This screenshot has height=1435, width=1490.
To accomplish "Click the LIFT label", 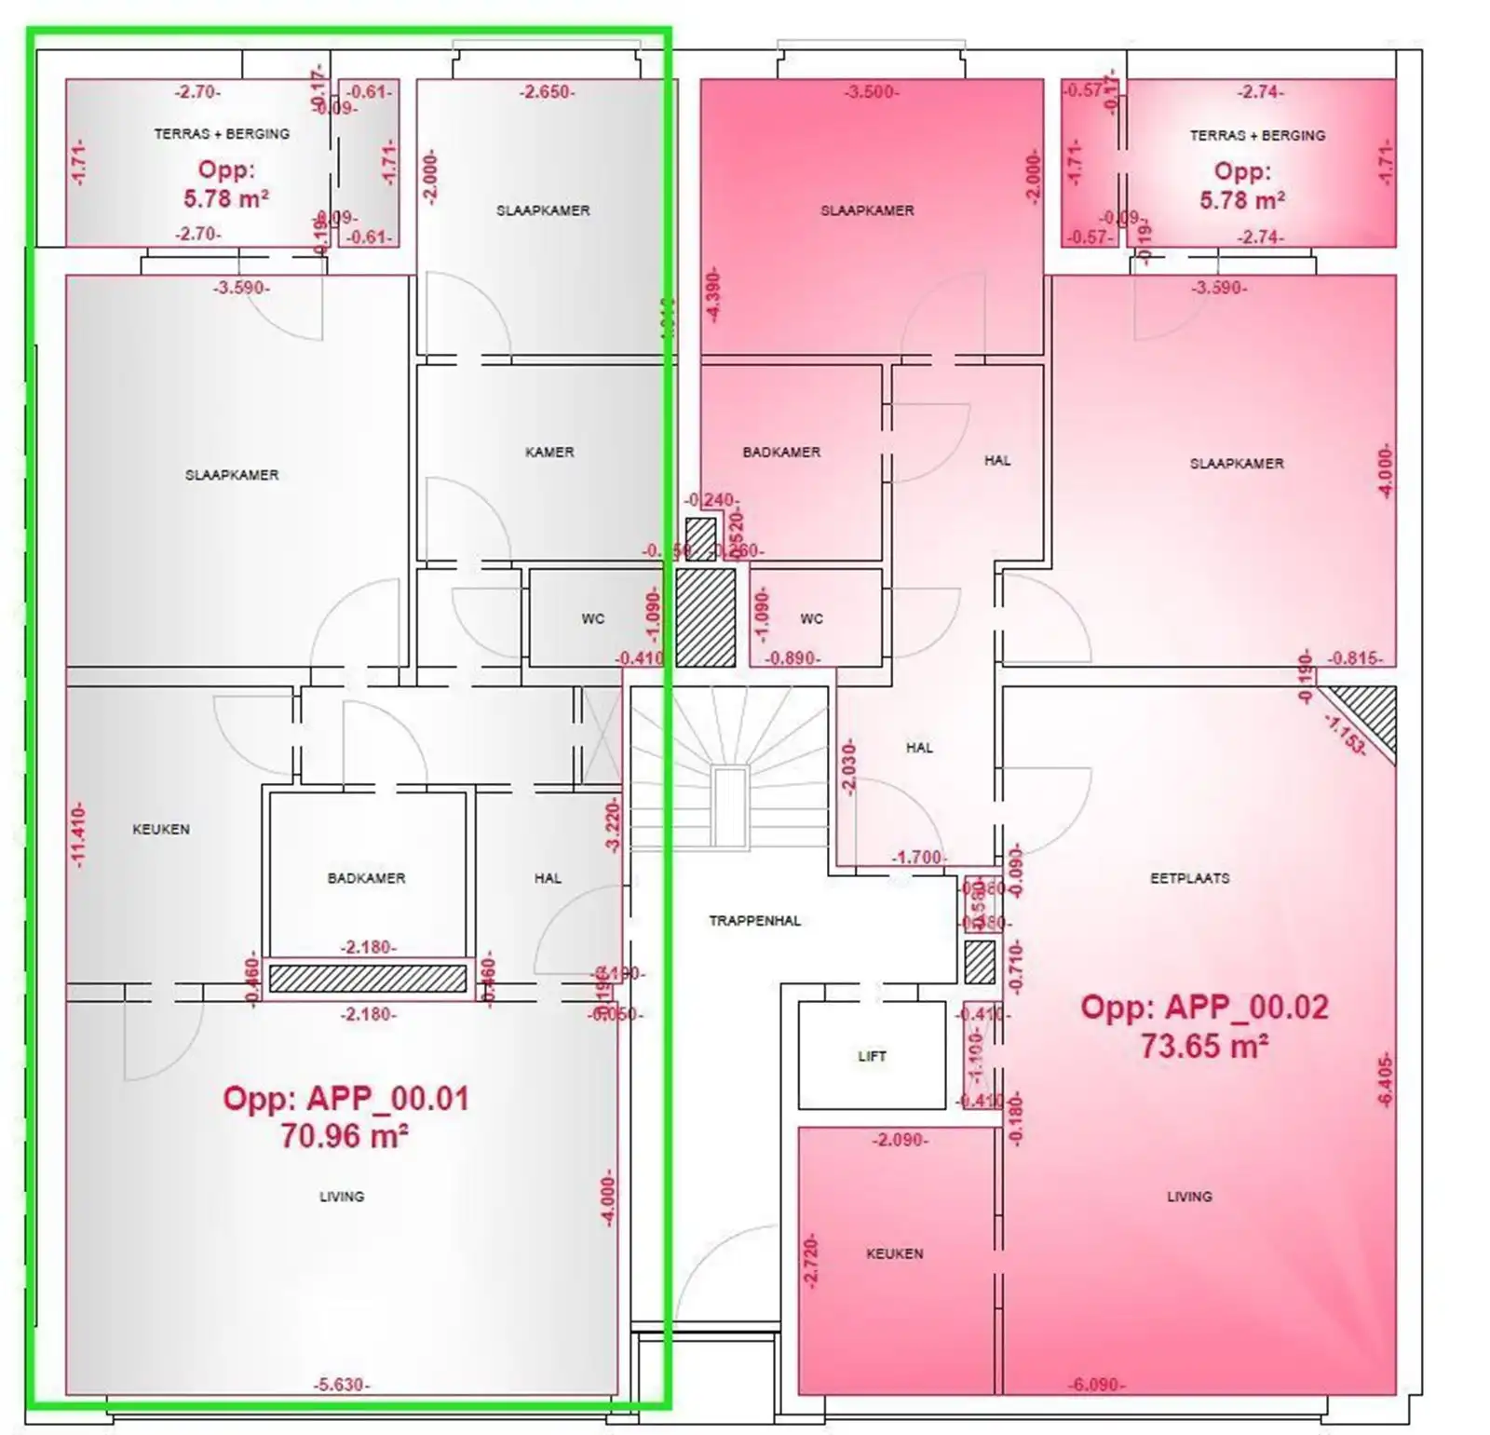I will [x=872, y=1056].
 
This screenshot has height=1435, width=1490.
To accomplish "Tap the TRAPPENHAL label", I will [x=754, y=921].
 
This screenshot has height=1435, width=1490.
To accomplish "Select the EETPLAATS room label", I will [x=1189, y=878].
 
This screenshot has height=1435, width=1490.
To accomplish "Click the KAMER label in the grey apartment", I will [x=549, y=452].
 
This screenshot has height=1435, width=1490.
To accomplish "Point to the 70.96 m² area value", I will [x=345, y=1136].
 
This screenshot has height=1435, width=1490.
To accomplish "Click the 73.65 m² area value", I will [x=1204, y=1046].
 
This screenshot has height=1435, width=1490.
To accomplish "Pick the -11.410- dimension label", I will [x=79, y=834].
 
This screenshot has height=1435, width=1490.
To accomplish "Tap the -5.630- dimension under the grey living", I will [x=341, y=1385].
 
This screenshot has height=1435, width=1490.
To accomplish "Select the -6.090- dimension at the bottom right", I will [x=1095, y=1385].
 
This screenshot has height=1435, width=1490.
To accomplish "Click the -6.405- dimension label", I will [x=1385, y=1081].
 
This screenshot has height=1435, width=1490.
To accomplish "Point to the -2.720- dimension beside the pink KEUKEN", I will [x=810, y=1262].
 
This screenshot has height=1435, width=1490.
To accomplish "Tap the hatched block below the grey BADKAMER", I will [x=368, y=978].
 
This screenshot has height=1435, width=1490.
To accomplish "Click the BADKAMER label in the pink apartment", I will [x=781, y=452].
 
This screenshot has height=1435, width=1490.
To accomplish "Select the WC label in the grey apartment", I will [x=592, y=618].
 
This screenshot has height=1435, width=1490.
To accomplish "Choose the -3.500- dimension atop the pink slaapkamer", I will [x=871, y=92].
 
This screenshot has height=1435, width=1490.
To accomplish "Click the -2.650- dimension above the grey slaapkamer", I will [x=547, y=92].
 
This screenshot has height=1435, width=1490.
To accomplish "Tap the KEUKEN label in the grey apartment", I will [x=161, y=829].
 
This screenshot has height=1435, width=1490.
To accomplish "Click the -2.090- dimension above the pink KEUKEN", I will [x=900, y=1140].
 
